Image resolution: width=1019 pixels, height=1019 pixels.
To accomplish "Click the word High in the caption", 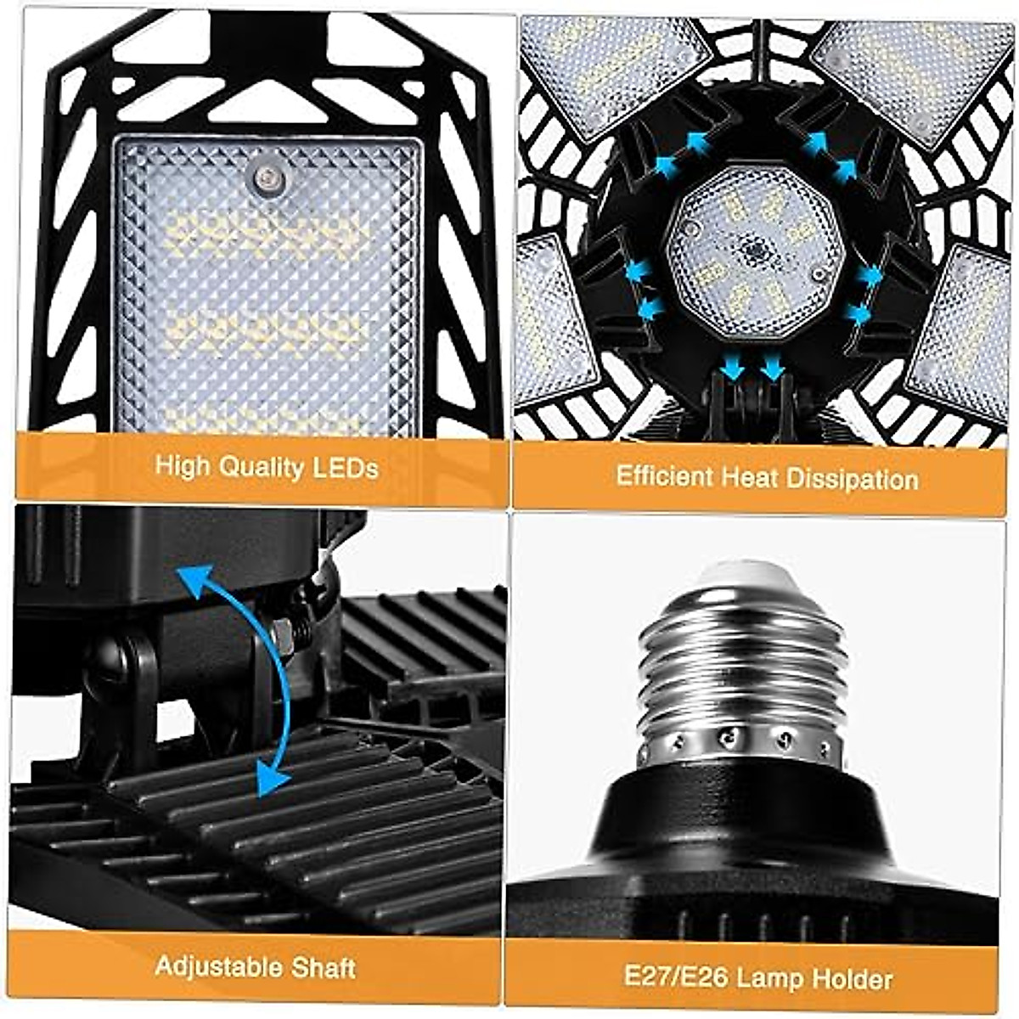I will [183, 466].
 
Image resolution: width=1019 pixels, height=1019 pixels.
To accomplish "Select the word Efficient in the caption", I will [665, 476].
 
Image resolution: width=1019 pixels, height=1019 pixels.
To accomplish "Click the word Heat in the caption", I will [751, 477].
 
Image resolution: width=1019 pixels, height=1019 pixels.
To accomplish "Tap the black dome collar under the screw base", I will [747, 815].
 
